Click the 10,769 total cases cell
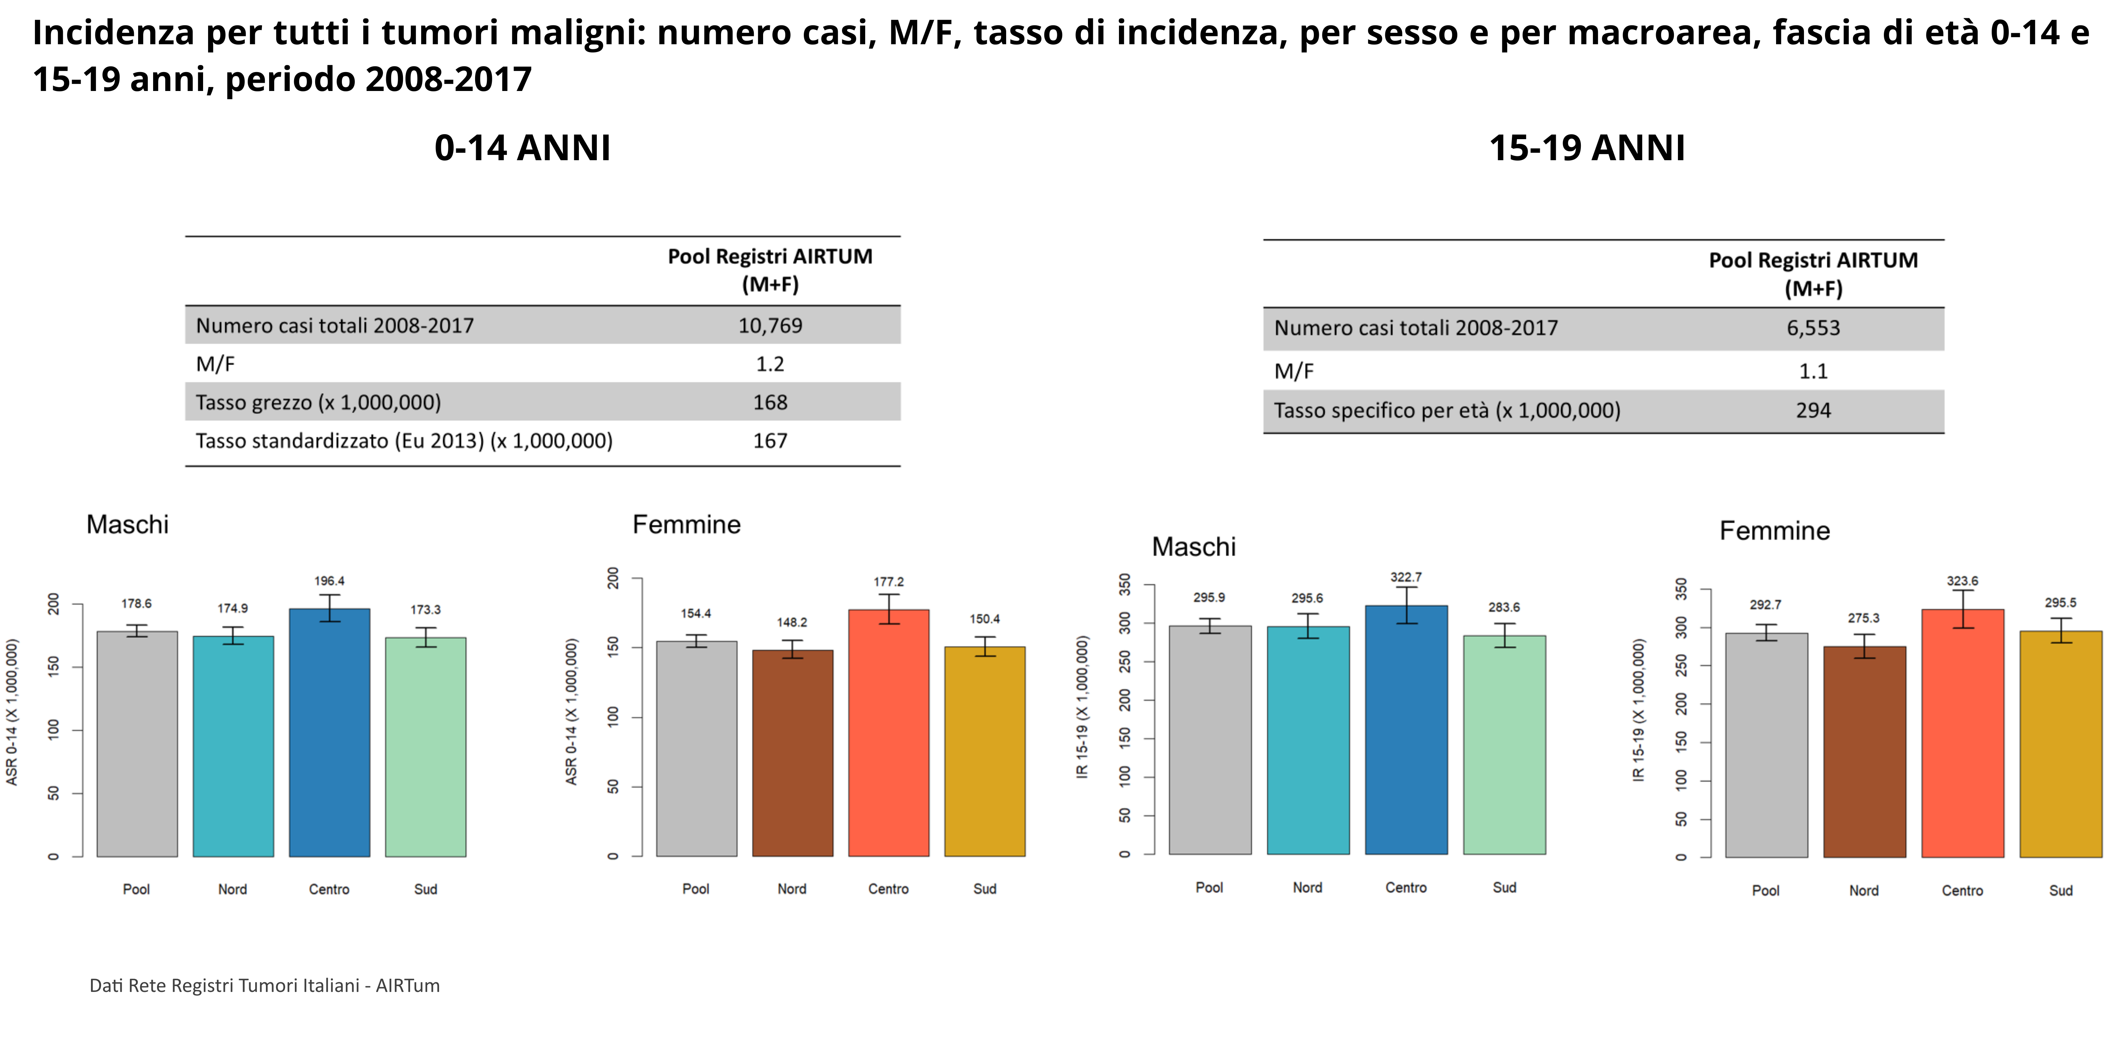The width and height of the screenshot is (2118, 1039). [770, 325]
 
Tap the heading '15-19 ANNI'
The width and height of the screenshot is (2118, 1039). [1587, 148]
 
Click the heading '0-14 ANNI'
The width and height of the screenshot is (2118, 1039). [522, 148]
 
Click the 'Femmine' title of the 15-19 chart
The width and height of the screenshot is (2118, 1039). [1774, 531]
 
